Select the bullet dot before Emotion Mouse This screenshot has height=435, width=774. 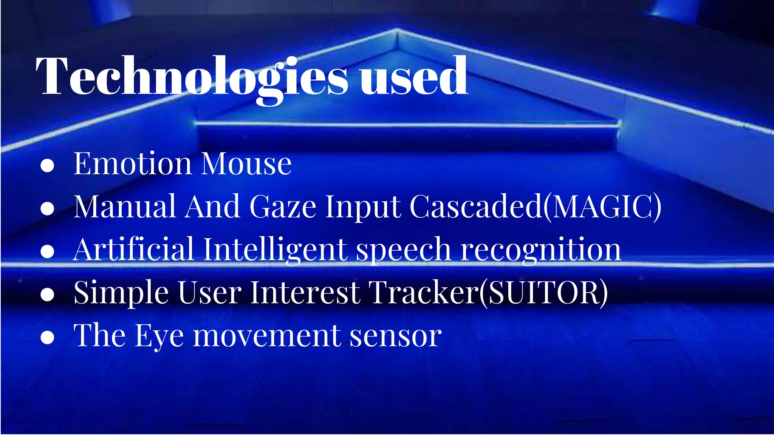point(47,165)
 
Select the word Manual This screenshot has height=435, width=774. point(125,207)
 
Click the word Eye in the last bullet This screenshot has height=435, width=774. point(159,336)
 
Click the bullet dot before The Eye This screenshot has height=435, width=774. point(47,337)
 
